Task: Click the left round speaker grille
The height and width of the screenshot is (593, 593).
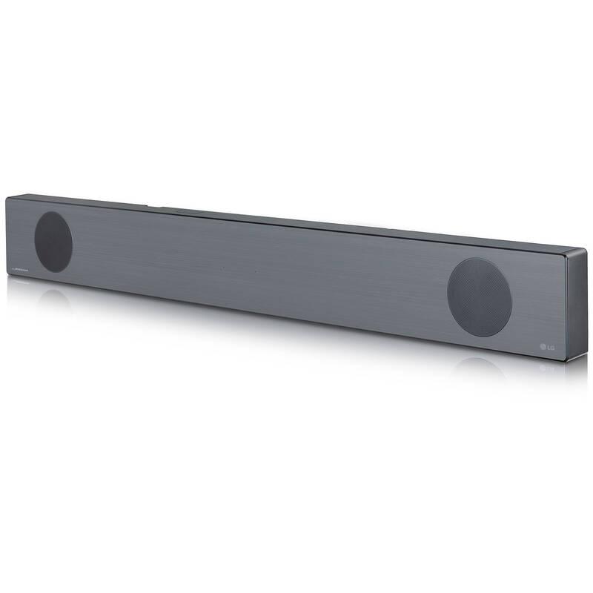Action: [x=53, y=241]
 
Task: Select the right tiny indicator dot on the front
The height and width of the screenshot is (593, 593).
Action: [x=256, y=271]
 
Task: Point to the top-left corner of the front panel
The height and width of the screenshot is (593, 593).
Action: [x=7, y=197]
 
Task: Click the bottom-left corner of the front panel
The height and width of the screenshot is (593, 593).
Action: [x=7, y=280]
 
